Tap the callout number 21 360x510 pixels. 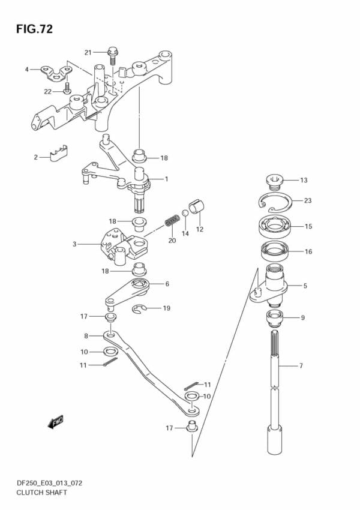[88, 52]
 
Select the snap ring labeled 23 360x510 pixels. [277, 203]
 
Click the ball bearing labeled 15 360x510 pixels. [275, 227]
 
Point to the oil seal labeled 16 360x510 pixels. [275, 251]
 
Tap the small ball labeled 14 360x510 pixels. [186, 213]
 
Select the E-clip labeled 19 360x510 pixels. [140, 309]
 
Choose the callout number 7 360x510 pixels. [301, 365]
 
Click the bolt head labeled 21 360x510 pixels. [112, 53]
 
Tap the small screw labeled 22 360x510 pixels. [68, 90]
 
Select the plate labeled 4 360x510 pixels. [53, 74]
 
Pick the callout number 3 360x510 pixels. [74, 244]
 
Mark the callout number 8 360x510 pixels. [86, 335]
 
